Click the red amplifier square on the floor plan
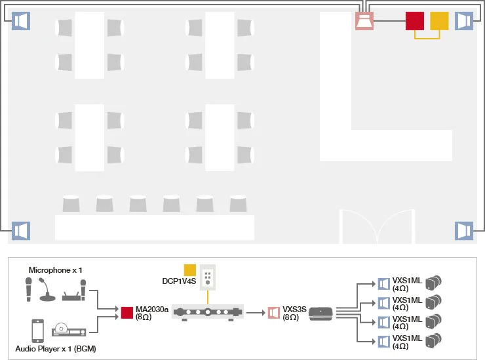click(414, 21)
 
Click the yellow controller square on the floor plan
click(438, 21)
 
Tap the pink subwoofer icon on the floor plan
click(364, 21)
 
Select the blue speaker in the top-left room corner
click(21, 21)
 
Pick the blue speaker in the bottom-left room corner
click(21, 231)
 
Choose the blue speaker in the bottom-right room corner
click(464, 231)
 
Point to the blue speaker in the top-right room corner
click(464, 21)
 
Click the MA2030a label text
click(151, 310)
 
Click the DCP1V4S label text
click(179, 280)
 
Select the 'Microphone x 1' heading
click(56, 270)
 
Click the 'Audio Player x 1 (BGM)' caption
click(55, 348)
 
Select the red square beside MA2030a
click(127, 313)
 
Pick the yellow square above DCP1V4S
click(190, 269)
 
